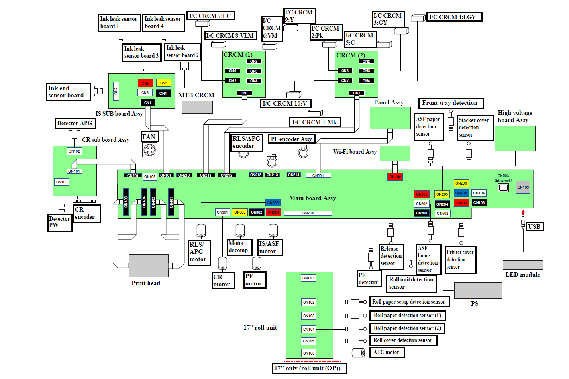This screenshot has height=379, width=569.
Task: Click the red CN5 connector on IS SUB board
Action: tap(145, 83)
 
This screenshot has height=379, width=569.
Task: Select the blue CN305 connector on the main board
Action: tap(273, 203)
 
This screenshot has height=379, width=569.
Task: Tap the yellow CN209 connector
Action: tap(461, 183)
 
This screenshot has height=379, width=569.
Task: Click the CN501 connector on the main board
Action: tap(318, 175)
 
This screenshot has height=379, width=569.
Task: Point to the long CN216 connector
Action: tap(308, 213)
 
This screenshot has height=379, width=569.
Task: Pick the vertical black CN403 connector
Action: tap(126, 202)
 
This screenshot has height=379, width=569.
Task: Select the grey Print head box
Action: tap(149, 265)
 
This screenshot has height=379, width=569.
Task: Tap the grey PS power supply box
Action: tap(478, 290)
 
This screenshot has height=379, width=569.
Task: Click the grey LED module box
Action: tap(523, 265)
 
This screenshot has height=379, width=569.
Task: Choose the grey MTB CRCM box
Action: tap(197, 107)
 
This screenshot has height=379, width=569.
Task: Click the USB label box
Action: tap(534, 226)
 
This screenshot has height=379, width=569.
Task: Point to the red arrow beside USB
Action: tap(523, 212)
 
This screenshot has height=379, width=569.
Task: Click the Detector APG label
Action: tap(75, 123)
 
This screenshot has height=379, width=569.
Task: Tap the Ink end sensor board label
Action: tap(68, 92)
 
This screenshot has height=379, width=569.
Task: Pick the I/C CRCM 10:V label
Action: tap(285, 104)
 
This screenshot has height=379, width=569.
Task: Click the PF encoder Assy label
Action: tap(292, 139)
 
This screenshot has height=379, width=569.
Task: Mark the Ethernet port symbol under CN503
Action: tap(503, 188)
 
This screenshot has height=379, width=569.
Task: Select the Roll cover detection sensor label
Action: tap(403, 340)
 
